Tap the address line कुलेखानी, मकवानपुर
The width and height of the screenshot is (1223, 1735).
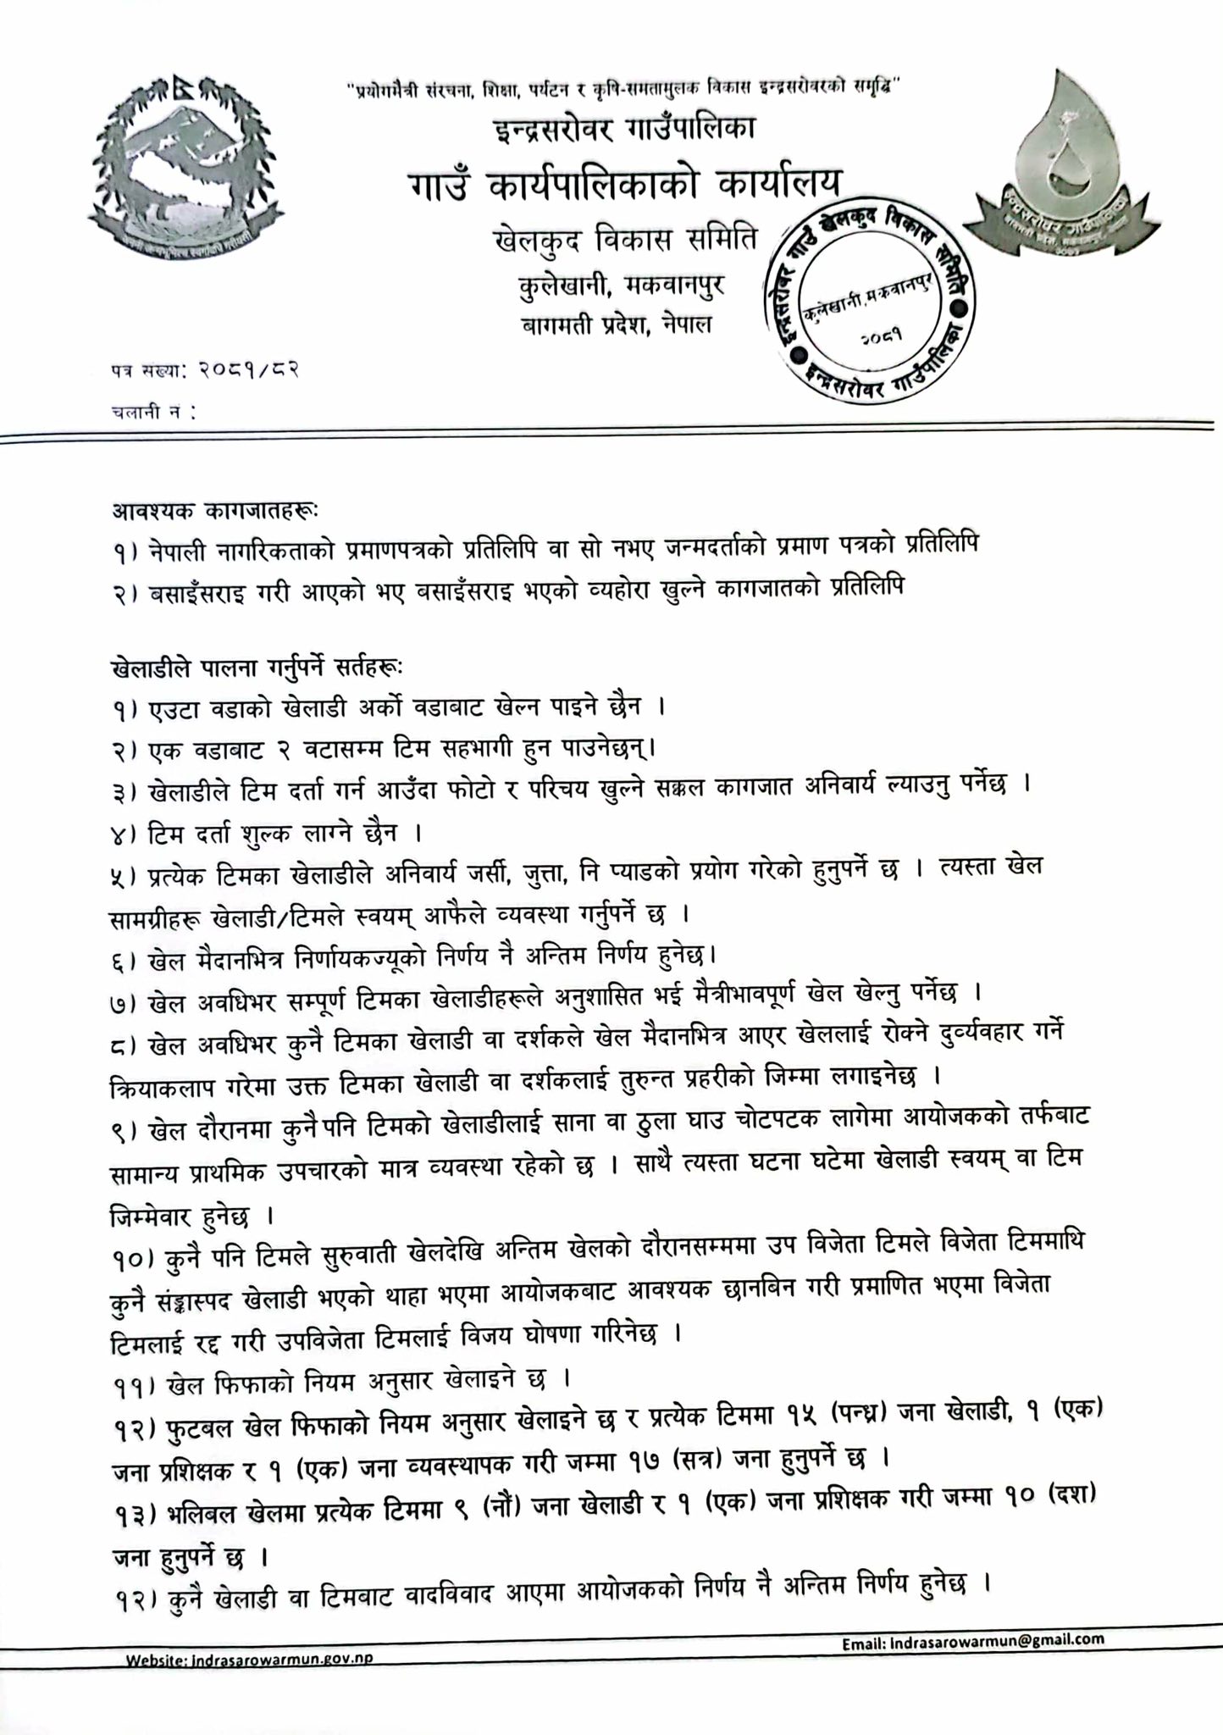pyautogui.click(x=623, y=285)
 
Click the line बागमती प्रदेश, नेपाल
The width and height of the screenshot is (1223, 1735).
pyautogui.click(x=617, y=324)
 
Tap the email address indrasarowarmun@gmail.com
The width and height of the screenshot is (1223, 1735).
pyautogui.click(x=973, y=1640)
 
